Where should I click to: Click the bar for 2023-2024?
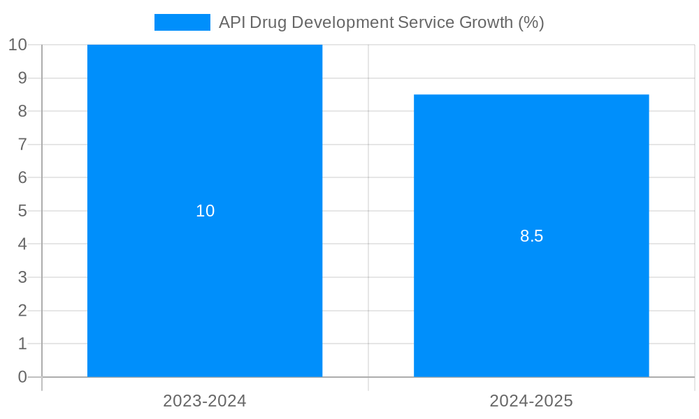click(x=205, y=279)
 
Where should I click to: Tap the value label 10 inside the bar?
click(x=205, y=211)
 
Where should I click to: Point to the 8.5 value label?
click(x=531, y=236)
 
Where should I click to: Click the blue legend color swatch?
click(x=182, y=22)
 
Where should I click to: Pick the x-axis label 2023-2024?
click(x=205, y=401)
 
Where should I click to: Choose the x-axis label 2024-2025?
click(x=531, y=401)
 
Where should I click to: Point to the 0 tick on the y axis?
click(x=22, y=377)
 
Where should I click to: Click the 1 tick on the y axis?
click(x=22, y=344)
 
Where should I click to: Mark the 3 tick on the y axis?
click(x=22, y=277)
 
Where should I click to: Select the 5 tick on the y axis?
click(x=22, y=211)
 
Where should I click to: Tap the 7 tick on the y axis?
click(x=22, y=145)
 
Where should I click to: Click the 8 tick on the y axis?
click(x=22, y=111)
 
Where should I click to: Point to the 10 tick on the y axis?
click(x=18, y=45)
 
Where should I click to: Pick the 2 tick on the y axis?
click(x=22, y=311)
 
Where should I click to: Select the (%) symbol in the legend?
click(x=531, y=22)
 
